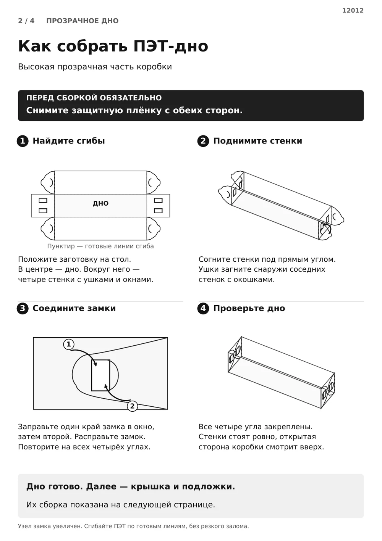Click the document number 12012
pyautogui.click(x=353, y=10)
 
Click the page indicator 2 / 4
pyautogui.click(x=26, y=21)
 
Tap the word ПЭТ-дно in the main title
pyautogui.click(x=171, y=46)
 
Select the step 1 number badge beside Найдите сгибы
pyautogui.click(x=23, y=141)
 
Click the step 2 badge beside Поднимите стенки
pyautogui.click(x=203, y=141)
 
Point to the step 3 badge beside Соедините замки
pyautogui.click(x=23, y=308)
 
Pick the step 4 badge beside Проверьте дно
pyautogui.click(x=203, y=308)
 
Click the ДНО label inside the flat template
pyautogui.click(x=100, y=203)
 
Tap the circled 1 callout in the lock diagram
pyautogui.click(x=69, y=344)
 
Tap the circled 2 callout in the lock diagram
pyautogui.click(x=132, y=406)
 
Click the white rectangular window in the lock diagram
pyautogui.click(x=100, y=375)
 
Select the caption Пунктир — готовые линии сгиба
pyautogui.click(x=100, y=246)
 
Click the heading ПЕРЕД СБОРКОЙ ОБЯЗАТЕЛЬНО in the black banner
pyautogui.click(x=94, y=98)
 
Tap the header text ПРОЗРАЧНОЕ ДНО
pyautogui.click(x=83, y=21)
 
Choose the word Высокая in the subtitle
pyautogui.click(x=36, y=67)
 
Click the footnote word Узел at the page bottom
pyautogui.click(x=24, y=526)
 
